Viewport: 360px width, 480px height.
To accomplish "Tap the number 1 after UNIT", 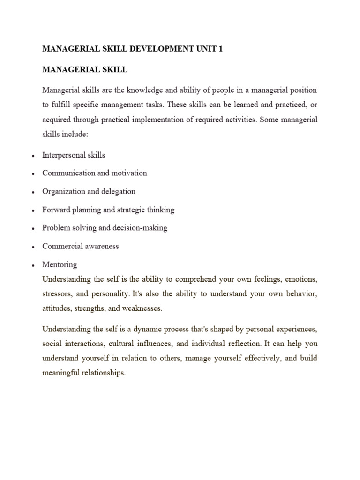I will click(221, 49).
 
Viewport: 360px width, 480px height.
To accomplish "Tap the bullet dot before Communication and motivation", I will click(33, 174).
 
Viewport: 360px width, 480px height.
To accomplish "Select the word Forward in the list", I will click(55, 210).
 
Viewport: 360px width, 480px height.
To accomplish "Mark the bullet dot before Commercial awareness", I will click(33, 247).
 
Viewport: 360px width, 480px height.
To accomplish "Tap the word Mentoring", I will click(60, 264).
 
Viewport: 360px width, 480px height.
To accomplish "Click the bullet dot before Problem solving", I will click(33, 229).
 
